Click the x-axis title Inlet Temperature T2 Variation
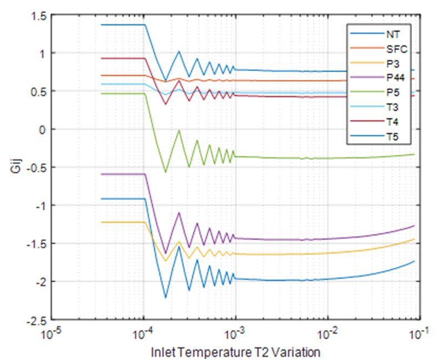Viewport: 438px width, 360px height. (235, 351)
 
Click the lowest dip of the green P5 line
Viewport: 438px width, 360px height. (165, 173)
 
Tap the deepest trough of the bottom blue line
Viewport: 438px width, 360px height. (165, 298)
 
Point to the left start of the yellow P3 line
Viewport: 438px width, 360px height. (101, 222)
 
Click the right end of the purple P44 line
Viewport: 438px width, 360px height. (415, 226)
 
